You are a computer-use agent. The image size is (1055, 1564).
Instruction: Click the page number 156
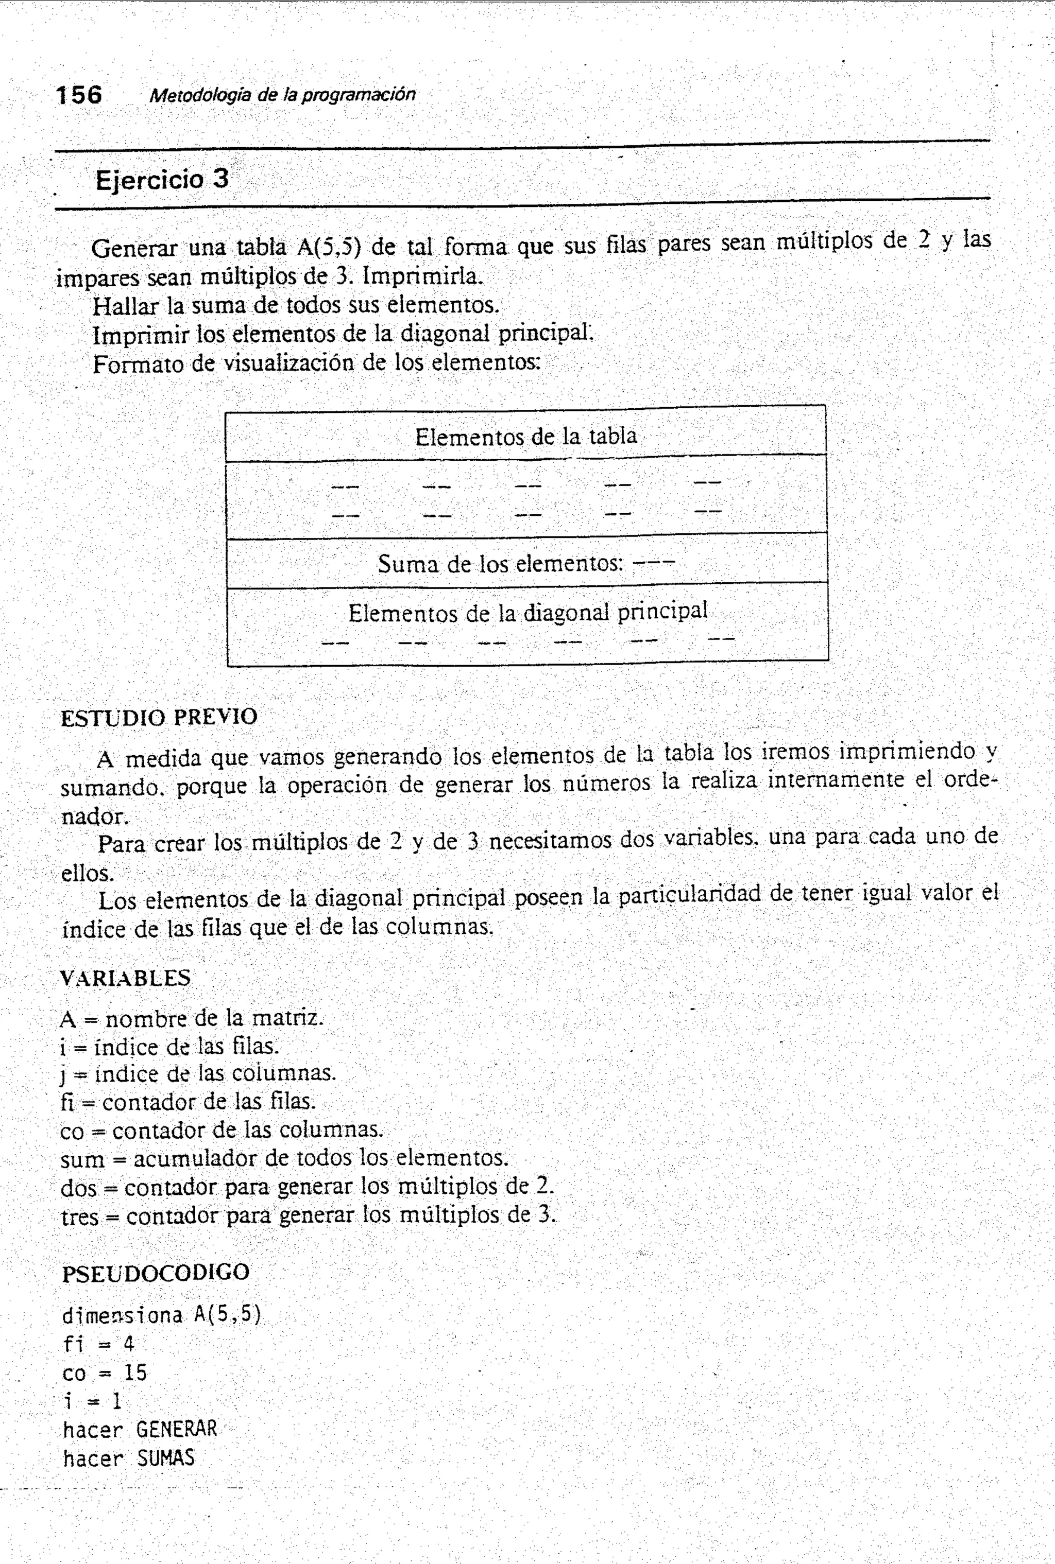pyautogui.click(x=79, y=95)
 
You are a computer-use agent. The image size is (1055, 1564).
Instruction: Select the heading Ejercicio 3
pyautogui.click(x=162, y=180)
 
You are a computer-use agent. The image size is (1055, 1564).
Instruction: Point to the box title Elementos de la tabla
pyautogui.click(x=525, y=437)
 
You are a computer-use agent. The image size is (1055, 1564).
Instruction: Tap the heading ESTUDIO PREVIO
pyautogui.click(x=159, y=718)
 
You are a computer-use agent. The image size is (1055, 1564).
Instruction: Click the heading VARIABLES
pyautogui.click(x=125, y=978)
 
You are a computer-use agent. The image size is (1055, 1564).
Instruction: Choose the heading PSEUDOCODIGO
pyautogui.click(x=156, y=1272)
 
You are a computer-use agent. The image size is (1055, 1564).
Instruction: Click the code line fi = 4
pyautogui.click(x=98, y=1344)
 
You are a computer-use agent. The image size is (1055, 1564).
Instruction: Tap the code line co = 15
pyautogui.click(x=104, y=1372)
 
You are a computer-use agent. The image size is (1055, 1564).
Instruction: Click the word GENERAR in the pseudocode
pyautogui.click(x=176, y=1429)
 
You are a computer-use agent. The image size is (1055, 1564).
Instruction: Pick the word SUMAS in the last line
pyautogui.click(x=165, y=1458)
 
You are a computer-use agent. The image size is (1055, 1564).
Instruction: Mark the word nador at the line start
pyautogui.click(x=92, y=817)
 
